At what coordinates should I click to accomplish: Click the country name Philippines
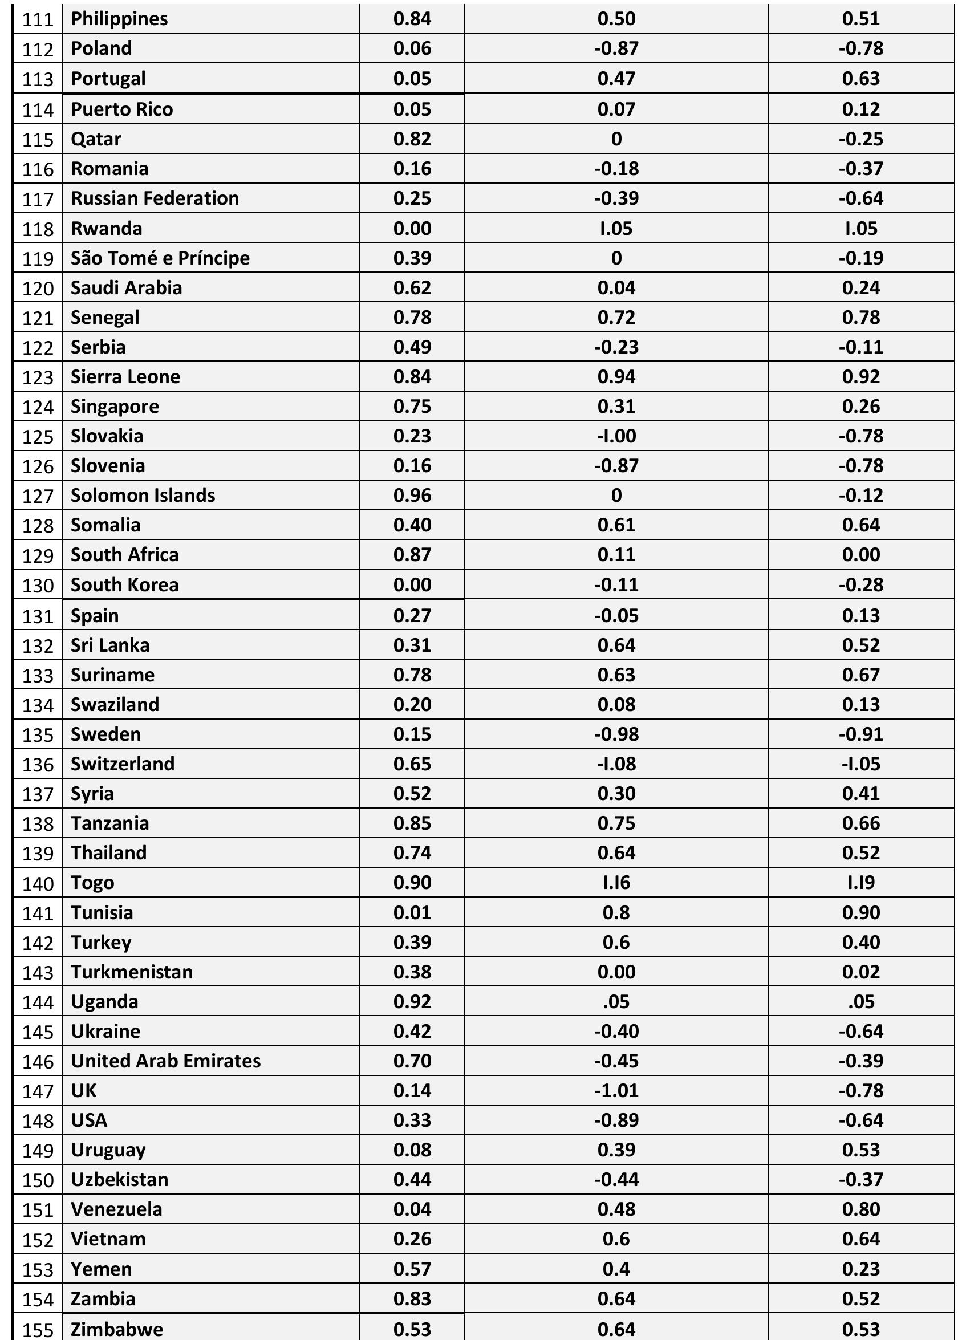119,19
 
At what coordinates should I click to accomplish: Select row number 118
38,229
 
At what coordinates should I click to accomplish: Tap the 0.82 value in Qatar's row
412,139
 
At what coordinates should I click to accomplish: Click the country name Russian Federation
155,199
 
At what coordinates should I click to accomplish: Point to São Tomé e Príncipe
160,258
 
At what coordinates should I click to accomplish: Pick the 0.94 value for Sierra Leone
616,377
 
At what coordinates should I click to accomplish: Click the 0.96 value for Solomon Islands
412,496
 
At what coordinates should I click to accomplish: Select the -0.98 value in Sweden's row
616,734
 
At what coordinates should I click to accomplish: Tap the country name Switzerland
123,764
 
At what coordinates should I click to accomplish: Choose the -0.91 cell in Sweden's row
860,734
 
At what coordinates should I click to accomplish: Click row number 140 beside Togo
38,883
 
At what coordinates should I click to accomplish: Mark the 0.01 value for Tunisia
412,913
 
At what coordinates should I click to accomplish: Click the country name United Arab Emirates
166,1061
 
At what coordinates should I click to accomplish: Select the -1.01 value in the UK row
616,1090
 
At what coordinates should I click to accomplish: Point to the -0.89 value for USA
616,1120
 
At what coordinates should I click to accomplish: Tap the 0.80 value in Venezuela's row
860,1209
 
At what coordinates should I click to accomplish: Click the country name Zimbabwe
117,1329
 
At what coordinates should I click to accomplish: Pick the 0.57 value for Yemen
412,1269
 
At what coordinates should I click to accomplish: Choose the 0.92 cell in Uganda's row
412,1001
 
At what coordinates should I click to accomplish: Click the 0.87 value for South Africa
412,555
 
